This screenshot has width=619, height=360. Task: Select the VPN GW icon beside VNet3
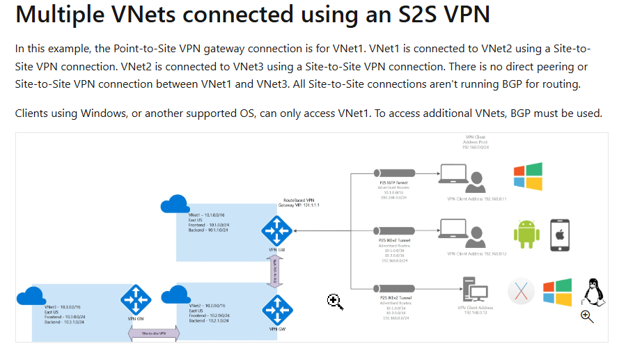(x=136, y=300)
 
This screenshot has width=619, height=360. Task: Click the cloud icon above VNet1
(x=175, y=204)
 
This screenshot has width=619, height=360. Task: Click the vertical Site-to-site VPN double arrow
(x=276, y=269)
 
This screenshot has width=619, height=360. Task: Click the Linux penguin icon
(x=593, y=292)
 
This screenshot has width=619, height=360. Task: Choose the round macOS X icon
(x=521, y=292)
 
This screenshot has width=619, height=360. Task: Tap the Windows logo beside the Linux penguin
(x=557, y=292)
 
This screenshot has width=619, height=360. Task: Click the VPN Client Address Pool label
(x=476, y=142)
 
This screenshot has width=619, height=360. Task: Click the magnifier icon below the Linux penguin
(x=587, y=317)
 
